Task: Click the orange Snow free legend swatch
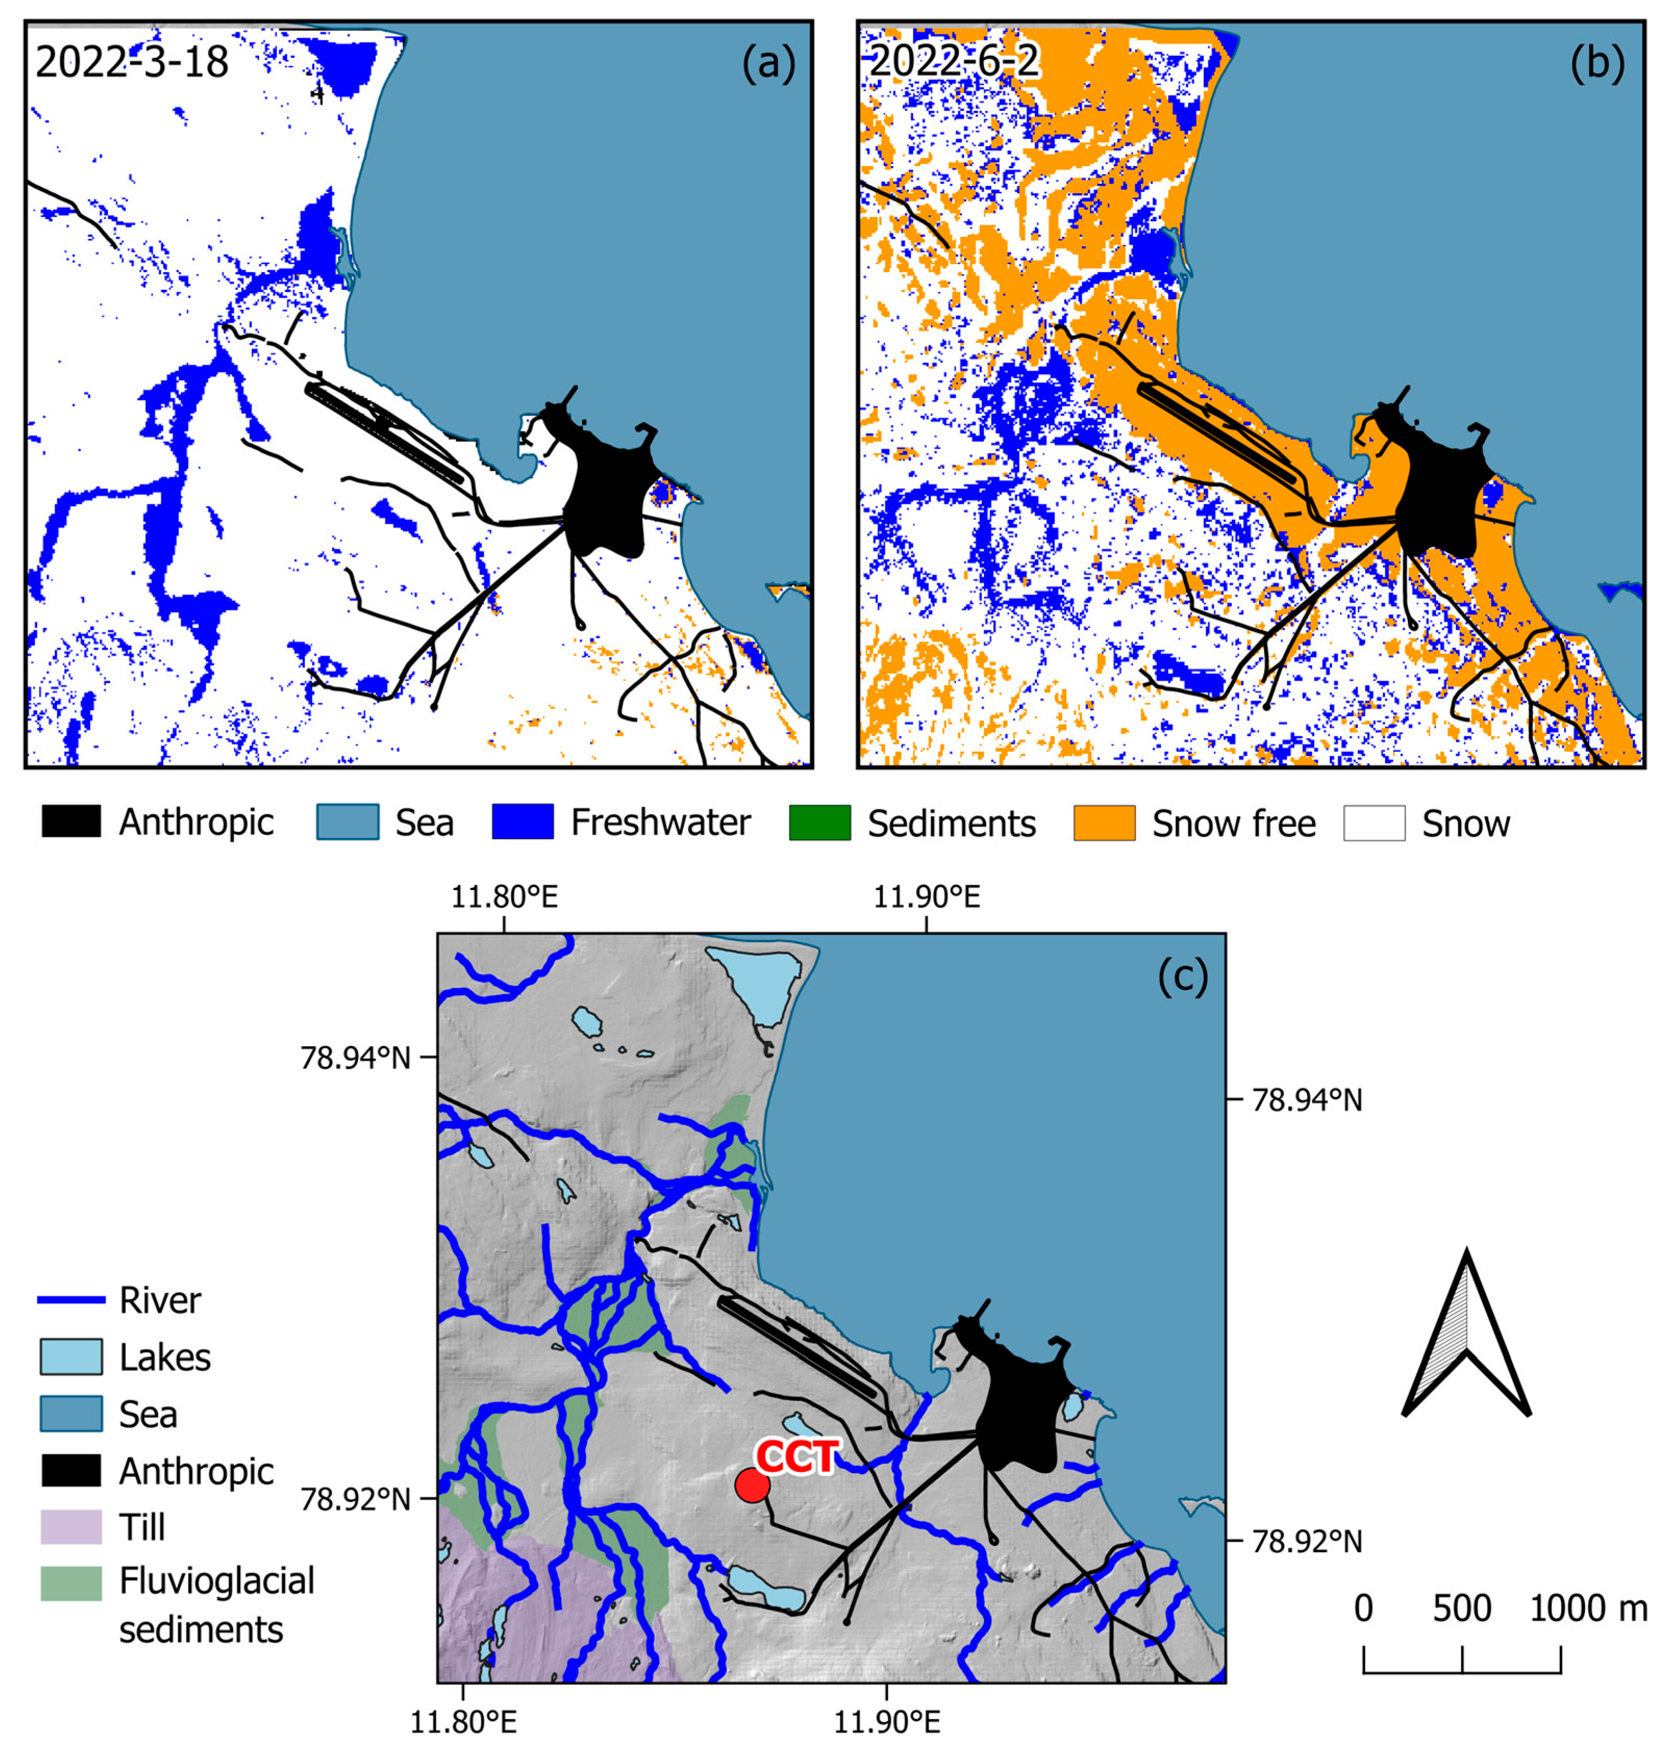coord(1104,822)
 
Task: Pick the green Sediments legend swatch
coord(819,822)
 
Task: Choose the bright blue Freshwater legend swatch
coord(522,822)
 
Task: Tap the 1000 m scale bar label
coord(1588,1608)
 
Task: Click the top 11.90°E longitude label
coord(926,896)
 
